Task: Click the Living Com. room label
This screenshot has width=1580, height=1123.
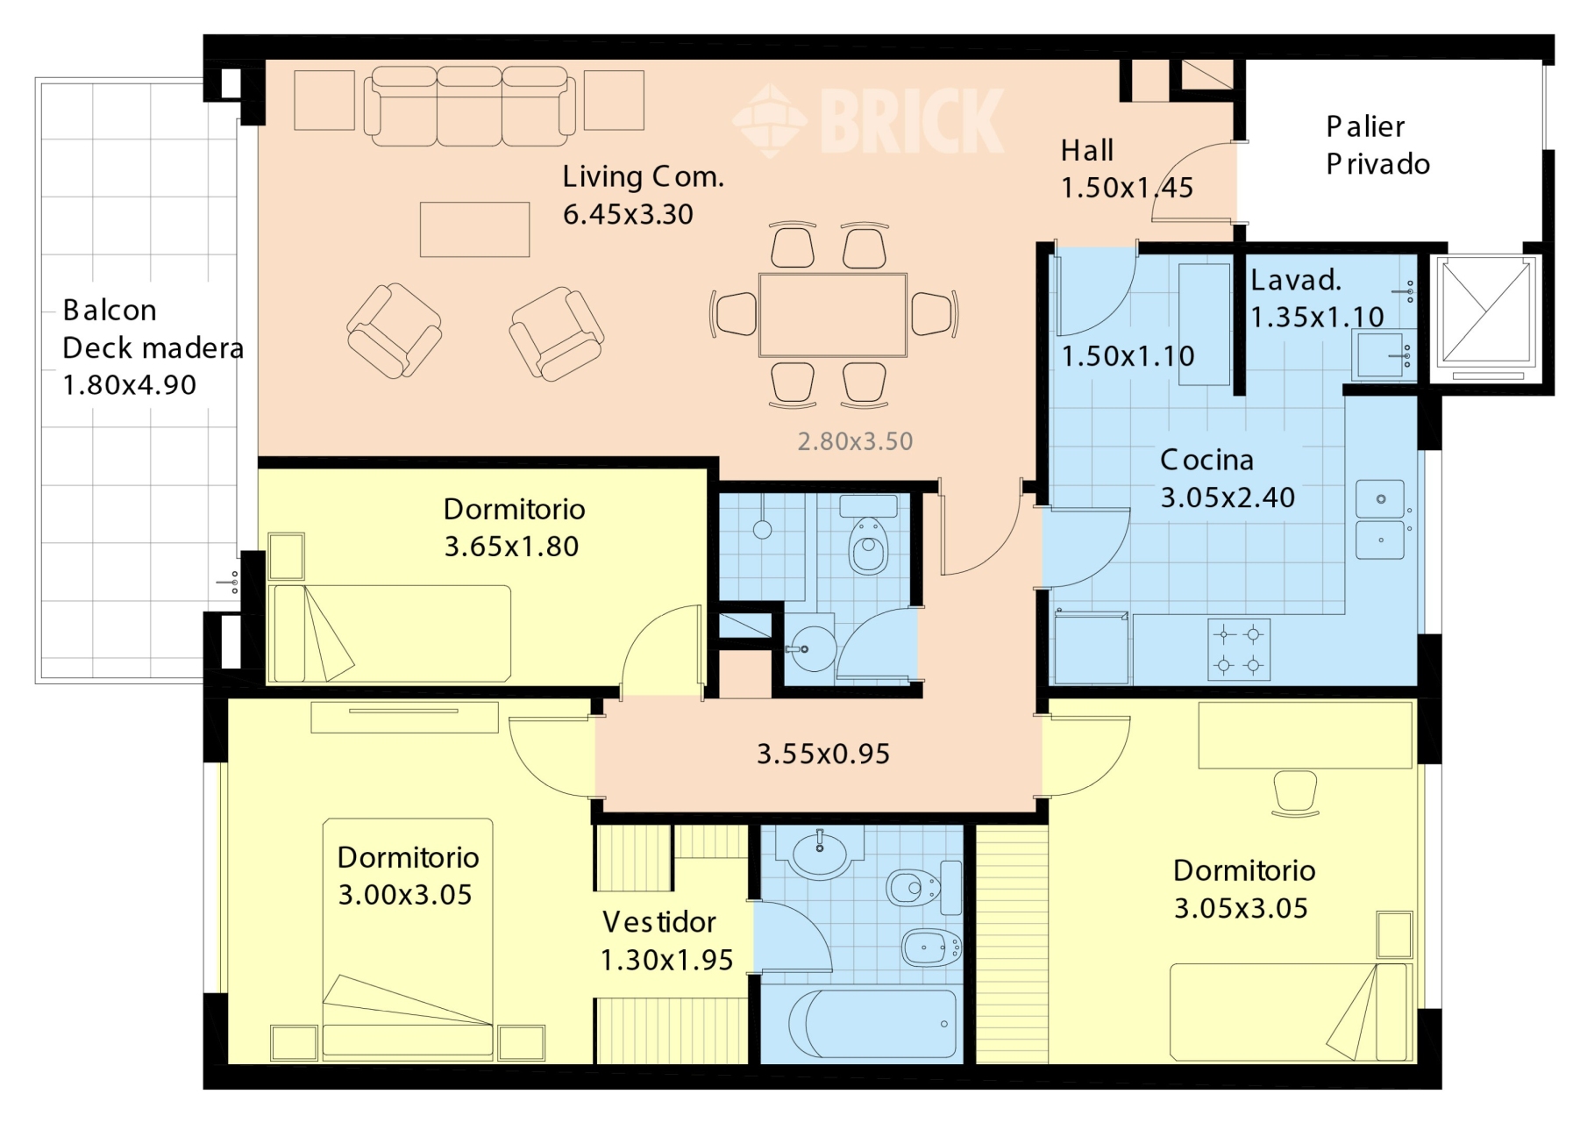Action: [x=643, y=176]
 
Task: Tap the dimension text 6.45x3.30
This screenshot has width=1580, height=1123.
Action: [x=628, y=214]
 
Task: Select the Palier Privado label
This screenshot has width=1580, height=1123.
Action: [x=1377, y=145]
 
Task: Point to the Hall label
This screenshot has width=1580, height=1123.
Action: [x=1087, y=150]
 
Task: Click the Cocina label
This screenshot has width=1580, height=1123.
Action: [x=1206, y=460]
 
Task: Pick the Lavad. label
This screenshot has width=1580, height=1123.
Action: [x=1296, y=280]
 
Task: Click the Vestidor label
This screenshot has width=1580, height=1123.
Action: [x=658, y=922]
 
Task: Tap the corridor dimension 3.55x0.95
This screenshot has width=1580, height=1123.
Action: [x=823, y=754]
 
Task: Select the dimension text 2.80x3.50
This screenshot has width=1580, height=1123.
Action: [x=855, y=441]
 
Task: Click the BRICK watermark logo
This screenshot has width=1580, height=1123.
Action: [x=868, y=121]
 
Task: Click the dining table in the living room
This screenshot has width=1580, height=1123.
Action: [x=833, y=315]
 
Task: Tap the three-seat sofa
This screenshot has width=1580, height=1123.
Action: [x=470, y=105]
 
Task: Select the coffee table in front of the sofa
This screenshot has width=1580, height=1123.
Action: [x=474, y=230]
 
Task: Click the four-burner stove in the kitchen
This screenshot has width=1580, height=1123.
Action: [x=1239, y=650]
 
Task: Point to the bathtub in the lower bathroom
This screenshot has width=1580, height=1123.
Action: [x=872, y=1024]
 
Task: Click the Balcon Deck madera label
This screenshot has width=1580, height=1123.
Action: [x=153, y=347]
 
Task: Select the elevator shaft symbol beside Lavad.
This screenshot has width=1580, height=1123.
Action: [x=1487, y=317]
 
